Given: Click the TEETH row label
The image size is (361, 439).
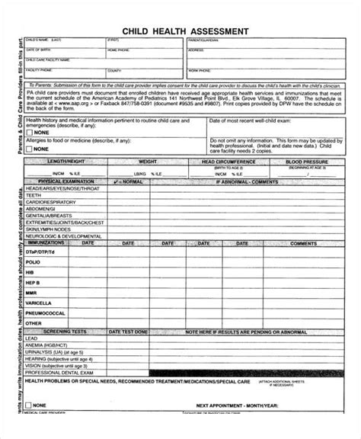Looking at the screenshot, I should pyautogui.click(x=34, y=195).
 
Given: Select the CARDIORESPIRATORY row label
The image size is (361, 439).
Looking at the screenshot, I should pyautogui.click(x=50, y=202).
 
